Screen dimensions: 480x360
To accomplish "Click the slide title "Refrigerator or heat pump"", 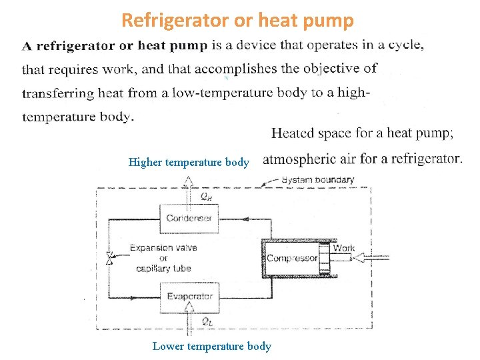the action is [x=237, y=21].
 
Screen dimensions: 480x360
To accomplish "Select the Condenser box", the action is [x=189, y=218].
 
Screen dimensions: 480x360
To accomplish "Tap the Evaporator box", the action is [x=189, y=296].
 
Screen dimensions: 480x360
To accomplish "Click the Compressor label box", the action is [x=292, y=258].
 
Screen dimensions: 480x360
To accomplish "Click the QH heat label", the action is [x=208, y=196].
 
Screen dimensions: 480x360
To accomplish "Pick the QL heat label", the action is [x=207, y=321].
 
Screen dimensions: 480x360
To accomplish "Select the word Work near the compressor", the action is [x=343, y=248].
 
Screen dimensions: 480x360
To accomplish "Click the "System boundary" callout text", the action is [x=318, y=179].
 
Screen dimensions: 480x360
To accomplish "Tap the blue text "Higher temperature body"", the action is [x=189, y=162].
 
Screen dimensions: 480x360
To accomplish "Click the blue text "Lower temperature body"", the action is [x=212, y=346].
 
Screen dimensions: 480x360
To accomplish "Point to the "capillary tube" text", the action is [x=163, y=269].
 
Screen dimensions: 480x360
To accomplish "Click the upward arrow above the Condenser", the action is [x=189, y=184].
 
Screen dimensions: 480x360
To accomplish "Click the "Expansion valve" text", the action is [x=163, y=248].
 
